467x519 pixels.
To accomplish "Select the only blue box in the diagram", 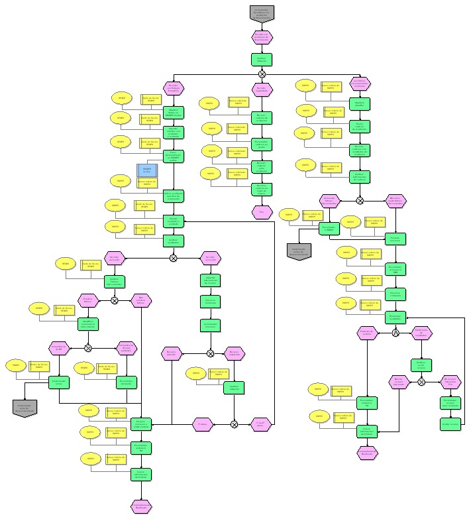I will coord(147,170).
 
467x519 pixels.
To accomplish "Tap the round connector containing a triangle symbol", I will coord(395,333).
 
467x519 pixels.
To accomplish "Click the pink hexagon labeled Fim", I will coord(262,212).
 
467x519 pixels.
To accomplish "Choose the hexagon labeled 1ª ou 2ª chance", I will coord(261,423).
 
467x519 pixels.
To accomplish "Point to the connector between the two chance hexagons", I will coord(234,423).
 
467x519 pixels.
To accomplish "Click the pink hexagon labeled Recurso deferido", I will coord(172,354).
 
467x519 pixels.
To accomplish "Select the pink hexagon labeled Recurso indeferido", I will coord(234,354).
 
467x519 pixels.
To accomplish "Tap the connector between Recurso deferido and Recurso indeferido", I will coord(210,354).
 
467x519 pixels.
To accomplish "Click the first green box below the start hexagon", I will coord(262,59).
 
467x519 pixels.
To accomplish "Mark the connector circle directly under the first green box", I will coord(262,74).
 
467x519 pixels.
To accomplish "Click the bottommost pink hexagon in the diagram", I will coord(142,506).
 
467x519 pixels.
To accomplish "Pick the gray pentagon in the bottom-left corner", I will coord(25,407).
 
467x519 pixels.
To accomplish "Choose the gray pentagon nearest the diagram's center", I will coord(298,251).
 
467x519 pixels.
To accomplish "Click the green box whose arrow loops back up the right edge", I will coord(450,423).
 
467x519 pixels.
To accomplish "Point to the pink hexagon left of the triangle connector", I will coord(367,333).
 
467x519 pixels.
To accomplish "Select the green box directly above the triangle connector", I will coord(395,317).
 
